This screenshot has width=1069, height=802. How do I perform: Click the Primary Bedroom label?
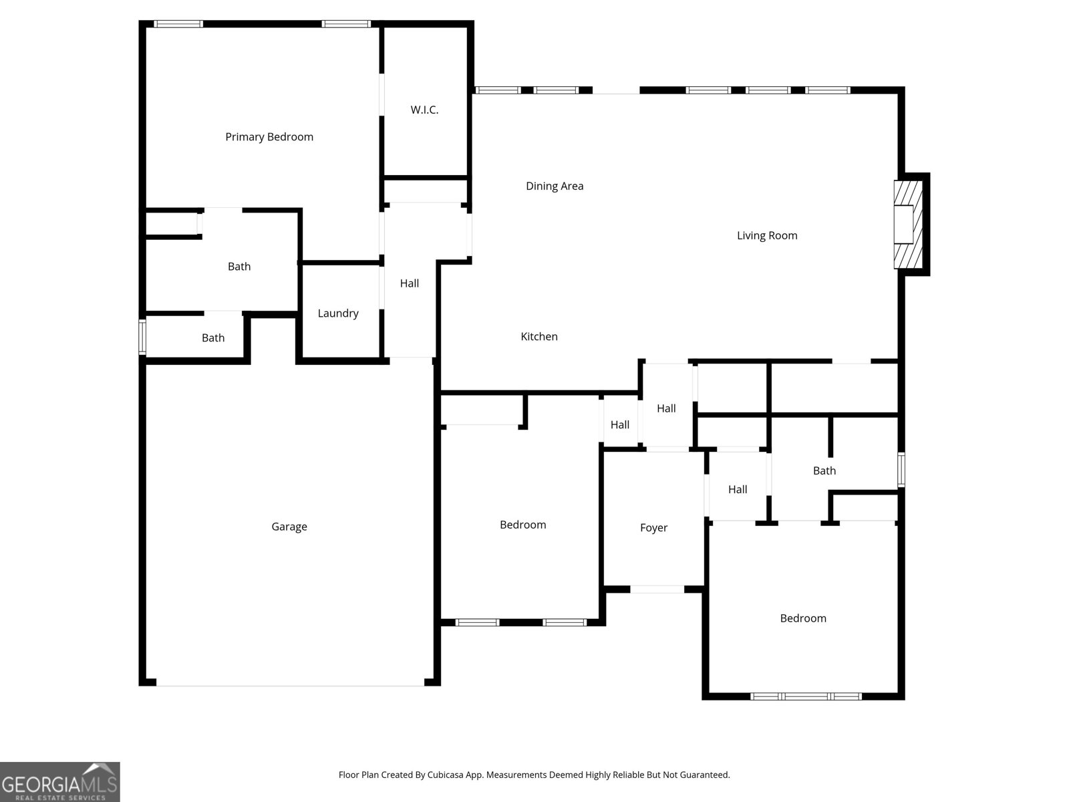coord(269,137)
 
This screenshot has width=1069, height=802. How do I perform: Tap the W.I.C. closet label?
coord(424,110)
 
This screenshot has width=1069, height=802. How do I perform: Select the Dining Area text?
coord(555,186)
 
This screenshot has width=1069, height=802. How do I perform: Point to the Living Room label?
coord(766,236)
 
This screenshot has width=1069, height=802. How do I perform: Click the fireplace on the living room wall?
coord(908,225)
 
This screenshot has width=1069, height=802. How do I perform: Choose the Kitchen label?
coord(539,336)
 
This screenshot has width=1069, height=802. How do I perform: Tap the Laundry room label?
coord(338,313)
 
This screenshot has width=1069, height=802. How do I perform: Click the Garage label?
coord(289,527)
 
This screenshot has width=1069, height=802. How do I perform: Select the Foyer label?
coord(653,528)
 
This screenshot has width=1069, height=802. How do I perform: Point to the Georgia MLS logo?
coord(60,781)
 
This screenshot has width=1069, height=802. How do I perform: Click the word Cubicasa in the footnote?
coord(446,775)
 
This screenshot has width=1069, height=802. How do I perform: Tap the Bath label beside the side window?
coord(213,338)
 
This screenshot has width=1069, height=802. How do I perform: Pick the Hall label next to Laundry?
coord(409,283)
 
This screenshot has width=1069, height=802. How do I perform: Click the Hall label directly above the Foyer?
coord(665,408)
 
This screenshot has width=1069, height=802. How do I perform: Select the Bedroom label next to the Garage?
coord(522,525)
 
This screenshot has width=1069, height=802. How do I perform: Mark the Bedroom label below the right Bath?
coord(802,618)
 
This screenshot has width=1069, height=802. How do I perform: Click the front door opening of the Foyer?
coord(657,589)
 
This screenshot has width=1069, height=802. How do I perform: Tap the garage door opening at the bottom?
coord(290,683)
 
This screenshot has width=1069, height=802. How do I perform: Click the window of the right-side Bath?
coord(901,470)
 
